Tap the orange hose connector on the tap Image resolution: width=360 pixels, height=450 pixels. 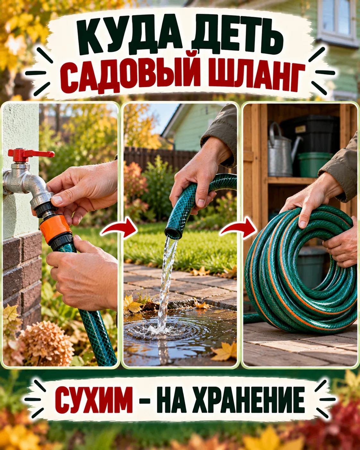coord(56,228)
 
